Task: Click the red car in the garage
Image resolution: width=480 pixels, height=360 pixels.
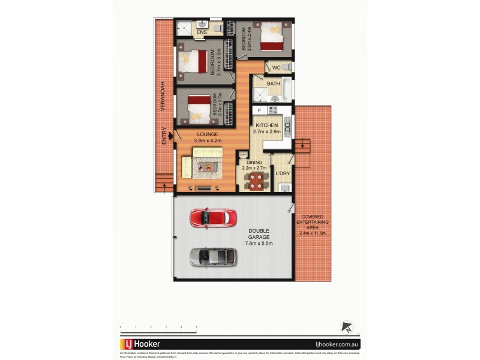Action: point(208,217)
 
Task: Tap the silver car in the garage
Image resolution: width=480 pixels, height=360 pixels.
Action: point(213,257)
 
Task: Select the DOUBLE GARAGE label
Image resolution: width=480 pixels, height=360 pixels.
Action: point(259,237)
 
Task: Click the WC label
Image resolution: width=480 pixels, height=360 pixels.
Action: point(277,68)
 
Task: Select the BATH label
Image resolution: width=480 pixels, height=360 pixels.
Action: point(274,83)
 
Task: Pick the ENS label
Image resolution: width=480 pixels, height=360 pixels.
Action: point(202,31)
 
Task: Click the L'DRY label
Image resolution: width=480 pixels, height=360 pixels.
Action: point(283,174)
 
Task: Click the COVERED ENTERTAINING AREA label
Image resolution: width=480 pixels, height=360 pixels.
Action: point(313,224)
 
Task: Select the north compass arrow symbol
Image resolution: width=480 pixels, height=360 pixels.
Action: point(346,327)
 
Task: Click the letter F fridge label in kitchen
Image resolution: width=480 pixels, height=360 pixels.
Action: point(259,111)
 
